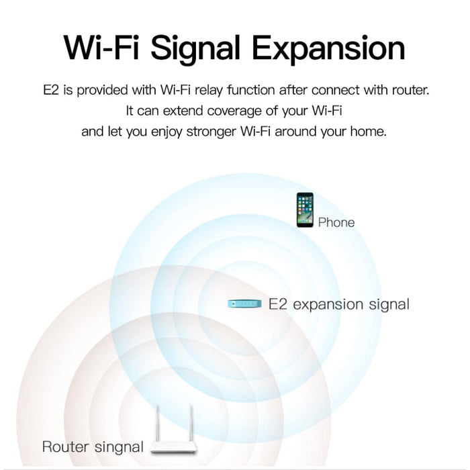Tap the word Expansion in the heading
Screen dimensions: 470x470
click(x=332, y=48)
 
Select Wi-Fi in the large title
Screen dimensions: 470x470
click(x=102, y=48)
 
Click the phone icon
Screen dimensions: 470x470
click(x=305, y=209)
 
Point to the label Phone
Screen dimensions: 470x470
click(x=336, y=222)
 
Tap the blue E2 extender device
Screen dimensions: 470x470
click(x=243, y=304)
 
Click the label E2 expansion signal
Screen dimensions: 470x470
click(x=338, y=304)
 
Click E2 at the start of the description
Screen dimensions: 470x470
click(x=50, y=89)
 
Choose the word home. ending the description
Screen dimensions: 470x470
click(x=369, y=132)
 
